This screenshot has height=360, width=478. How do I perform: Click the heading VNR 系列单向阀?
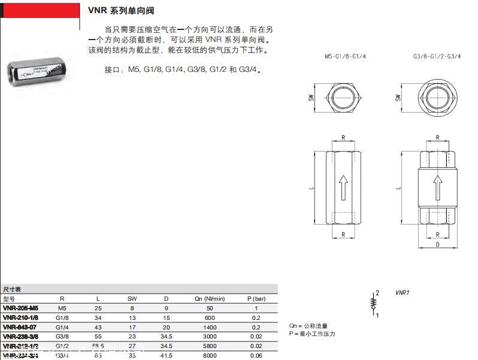(125, 11)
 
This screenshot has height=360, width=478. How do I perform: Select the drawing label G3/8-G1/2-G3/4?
(437, 56)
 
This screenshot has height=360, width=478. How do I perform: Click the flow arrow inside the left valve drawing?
(343, 186)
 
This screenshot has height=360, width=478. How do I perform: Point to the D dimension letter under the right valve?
(438, 244)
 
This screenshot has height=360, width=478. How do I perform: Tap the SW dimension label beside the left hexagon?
(311, 97)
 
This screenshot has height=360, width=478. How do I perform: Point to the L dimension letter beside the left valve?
(311, 187)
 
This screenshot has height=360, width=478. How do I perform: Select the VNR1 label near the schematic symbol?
(401, 293)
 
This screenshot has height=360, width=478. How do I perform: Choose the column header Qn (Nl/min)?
(209, 298)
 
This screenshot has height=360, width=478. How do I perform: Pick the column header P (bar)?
(256, 298)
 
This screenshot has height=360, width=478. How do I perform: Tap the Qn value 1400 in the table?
(209, 326)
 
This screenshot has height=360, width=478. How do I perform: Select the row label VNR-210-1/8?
(21, 317)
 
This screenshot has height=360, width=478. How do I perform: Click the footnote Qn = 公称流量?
(308, 326)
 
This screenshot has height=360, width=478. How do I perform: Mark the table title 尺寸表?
(12, 289)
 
